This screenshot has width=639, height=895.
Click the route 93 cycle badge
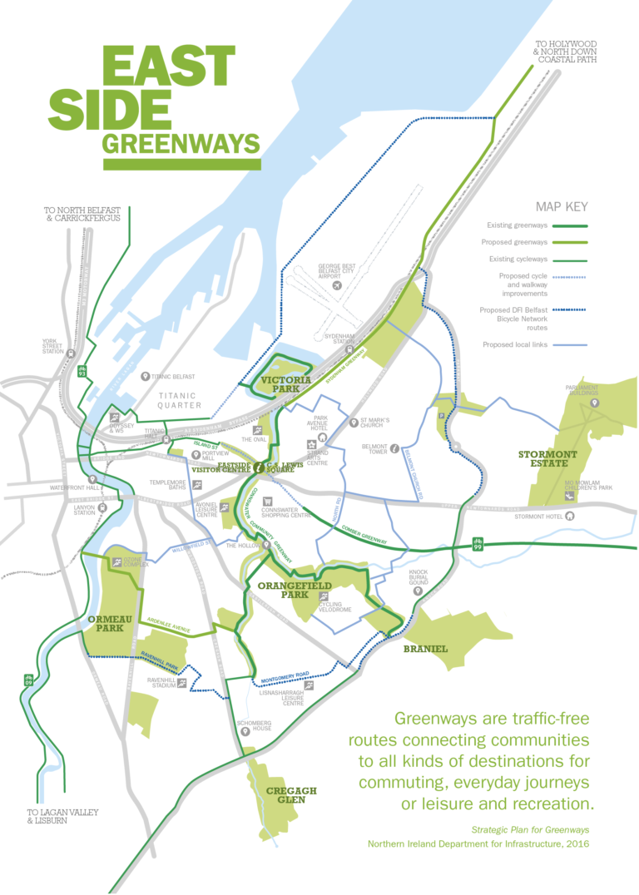[82, 371]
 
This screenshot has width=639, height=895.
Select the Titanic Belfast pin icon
[146, 376]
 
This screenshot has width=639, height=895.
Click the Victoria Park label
[285, 382]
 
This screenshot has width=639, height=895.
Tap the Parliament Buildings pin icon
[594, 403]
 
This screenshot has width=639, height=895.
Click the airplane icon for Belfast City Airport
[337, 285]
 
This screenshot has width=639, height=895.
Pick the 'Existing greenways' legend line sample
[570, 225]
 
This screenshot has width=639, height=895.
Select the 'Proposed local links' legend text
[515, 344]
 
